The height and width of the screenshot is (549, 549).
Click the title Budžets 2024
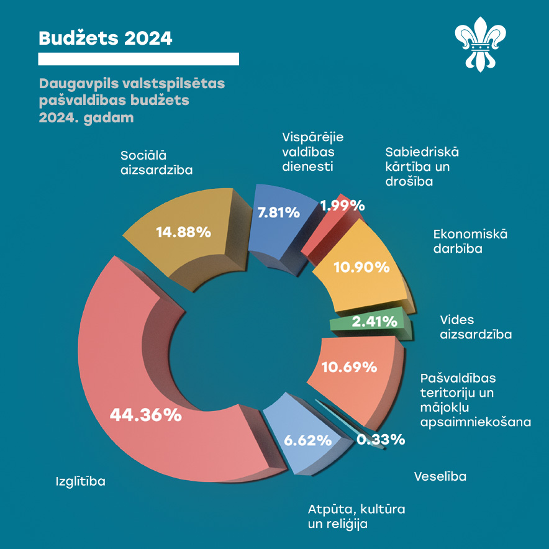tap(105, 38)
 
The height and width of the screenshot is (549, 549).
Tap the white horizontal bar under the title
tap(138, 59)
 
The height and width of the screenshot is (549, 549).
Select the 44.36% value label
tap(145, 415)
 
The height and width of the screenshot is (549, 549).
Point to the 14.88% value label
tap(184, 232)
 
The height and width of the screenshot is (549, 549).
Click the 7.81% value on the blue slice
tap(279, 212)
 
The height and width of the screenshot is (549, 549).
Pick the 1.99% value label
tap(342, 206)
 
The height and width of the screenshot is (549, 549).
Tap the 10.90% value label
tap(361, 268)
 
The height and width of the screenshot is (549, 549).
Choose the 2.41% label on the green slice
tap(374, 322)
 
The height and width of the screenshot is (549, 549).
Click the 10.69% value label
tap(349, 366)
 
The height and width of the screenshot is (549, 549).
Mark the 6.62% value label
tap(307, 441)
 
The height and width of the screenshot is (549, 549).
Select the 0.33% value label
tap(381, 440)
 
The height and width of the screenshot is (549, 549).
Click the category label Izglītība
tap(81, 481)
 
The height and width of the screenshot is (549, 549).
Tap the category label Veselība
tap(440, 476)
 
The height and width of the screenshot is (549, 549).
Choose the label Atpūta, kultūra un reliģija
tap(356, 517)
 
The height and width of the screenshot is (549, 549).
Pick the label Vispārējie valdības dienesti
tap(313, 151)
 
